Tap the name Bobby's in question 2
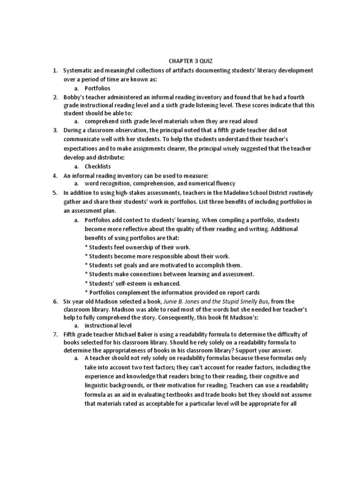[73, 97]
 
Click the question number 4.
[54, 175]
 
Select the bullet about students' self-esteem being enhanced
[133, 283]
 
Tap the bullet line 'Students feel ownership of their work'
[137, 247]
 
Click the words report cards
[243, 292]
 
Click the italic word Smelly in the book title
[252, 301]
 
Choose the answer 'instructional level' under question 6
[108, 325]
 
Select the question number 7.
[54, 334]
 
